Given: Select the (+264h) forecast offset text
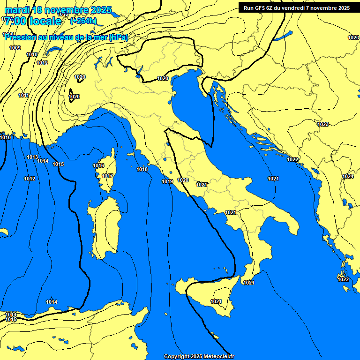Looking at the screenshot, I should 83,21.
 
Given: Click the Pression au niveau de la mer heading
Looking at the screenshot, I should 66,37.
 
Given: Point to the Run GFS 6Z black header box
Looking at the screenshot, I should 296,7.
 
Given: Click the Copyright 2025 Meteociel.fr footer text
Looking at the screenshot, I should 199,356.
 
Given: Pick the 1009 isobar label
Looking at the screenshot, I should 15,48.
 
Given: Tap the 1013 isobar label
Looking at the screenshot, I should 32,157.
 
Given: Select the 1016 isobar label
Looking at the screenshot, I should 98,165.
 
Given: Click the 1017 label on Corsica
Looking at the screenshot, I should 107,176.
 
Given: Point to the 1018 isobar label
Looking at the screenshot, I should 142,169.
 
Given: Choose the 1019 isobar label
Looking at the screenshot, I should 167,181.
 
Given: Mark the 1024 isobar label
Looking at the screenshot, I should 347,176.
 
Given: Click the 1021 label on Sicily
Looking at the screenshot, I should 216,301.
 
